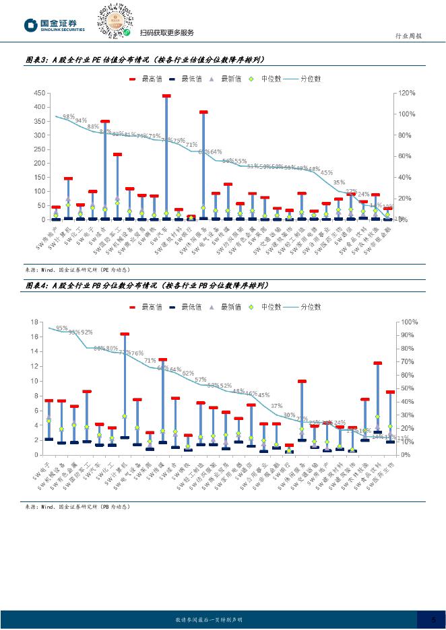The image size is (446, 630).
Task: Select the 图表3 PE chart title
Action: (x=145, y=60)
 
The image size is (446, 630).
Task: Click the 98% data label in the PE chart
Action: (x=69, y=116)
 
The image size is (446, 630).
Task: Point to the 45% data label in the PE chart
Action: (x=327, y=173)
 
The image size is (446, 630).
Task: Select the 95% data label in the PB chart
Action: (x=61, y=328)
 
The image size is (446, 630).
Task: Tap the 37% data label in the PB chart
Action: (x=277, y=407)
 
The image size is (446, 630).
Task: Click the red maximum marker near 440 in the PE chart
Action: (x=166, y=96)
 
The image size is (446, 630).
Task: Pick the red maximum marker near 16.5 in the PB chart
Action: (x=125, y=334)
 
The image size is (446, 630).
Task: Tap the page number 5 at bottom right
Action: (x=433, y=619)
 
